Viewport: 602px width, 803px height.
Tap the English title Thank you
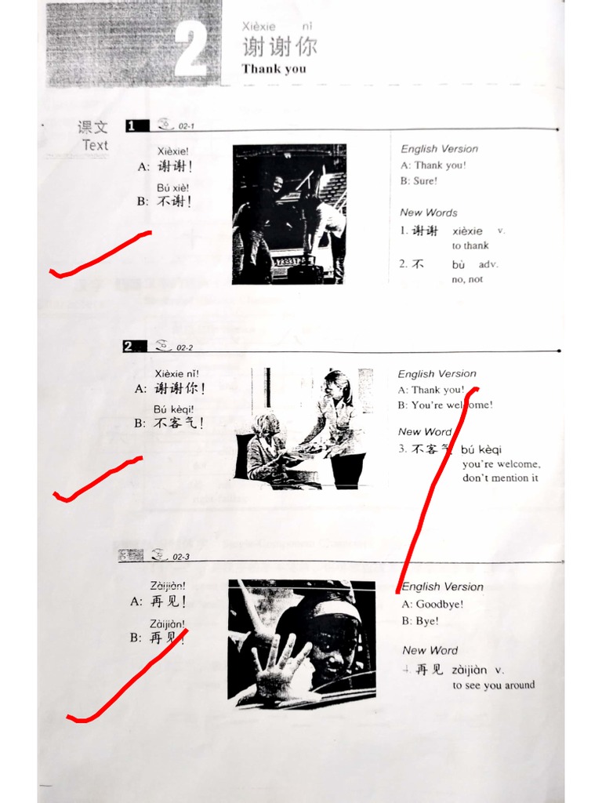274,69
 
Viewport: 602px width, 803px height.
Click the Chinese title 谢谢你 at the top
279,46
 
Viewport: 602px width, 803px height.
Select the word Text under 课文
96,145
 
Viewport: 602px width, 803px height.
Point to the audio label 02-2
185,347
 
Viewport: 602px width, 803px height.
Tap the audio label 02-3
182,557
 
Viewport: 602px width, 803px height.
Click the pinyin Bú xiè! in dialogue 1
172,188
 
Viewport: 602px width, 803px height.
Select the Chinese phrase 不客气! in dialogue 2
180,423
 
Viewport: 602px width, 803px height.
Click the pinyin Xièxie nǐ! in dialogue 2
176,373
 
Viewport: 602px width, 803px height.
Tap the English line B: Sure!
419,181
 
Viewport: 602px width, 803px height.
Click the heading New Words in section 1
429,213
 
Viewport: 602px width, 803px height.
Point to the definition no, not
467,279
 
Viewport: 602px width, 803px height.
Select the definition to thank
470,245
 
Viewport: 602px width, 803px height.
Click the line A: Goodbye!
433,605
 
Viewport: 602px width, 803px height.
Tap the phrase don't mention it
500,478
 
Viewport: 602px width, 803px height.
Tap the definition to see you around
493,685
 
